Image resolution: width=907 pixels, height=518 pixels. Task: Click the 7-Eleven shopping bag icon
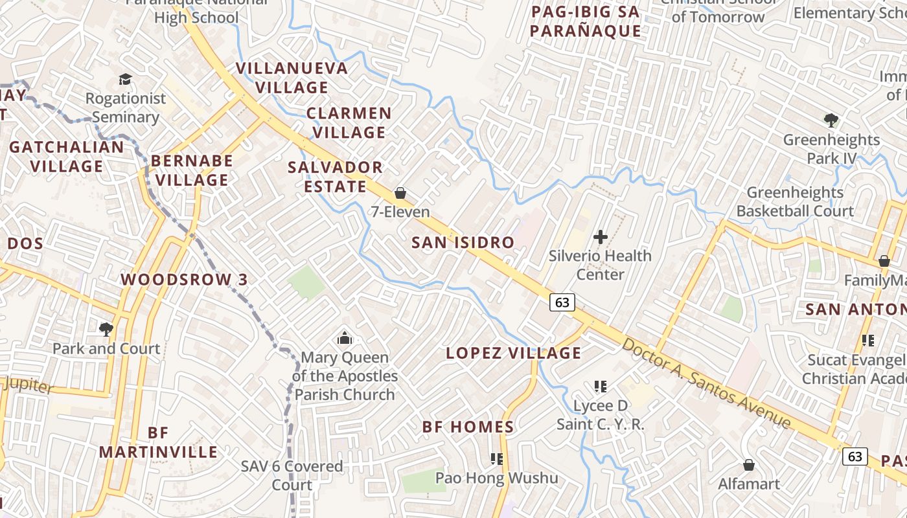pyautogui.click(x=400, y=193)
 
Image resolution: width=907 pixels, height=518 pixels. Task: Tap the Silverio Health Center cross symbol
pyautogui.click(x=601, y=237)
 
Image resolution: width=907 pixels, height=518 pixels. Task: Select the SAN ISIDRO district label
pyautogui.click(x=463, y=243)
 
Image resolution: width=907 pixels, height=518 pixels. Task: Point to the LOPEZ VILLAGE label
pyautogui.click(x=514, y=353)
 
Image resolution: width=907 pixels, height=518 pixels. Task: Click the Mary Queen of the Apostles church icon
pyautogui.click(x=345, y=338)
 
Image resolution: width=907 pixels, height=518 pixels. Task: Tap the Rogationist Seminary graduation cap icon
pyautogui.click(x=125, y=79)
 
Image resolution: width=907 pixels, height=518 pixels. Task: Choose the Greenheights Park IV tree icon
pyautogui.click(x=831, y=120)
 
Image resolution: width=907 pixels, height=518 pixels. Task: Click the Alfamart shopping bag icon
pyautogui.click(x=749, y=465)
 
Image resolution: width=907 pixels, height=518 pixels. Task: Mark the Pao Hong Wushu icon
pyautogui.click(x=497, y=459)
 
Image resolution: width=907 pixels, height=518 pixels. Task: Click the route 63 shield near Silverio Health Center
pyautogui.click(x=562, y=302)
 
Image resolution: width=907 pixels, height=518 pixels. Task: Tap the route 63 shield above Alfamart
pyautogui.click(x=855, y=456)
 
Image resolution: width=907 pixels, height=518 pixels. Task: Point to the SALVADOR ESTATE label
pyautogui.click(x=335, y=177)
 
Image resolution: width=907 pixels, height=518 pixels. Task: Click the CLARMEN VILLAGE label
pyautogui.click(x=349, y=122)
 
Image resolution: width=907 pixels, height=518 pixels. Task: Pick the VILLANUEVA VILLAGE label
pyautogui.click(x=292, y=77)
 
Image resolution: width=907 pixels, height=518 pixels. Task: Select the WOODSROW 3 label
pyautogui.click(x=185, y=280)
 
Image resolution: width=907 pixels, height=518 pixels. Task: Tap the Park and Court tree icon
pyautogui.click(x=106, y=330)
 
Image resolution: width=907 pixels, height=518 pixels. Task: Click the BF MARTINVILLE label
pyautogui.click(x=158, y=442)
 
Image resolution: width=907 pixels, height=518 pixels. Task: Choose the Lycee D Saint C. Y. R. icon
pyautogui.click(x=601, y=387)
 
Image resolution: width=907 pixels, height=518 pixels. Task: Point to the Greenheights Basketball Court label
pyautogui.click(x=795, y=201)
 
